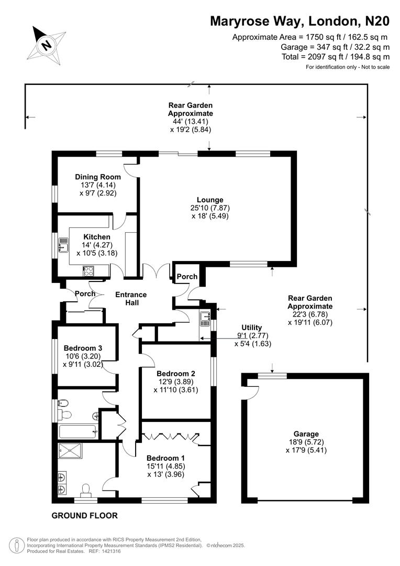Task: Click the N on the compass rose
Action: [x=47, y=45]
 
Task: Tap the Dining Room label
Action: [x=98, y=177]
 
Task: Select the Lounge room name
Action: [x=210, y=200]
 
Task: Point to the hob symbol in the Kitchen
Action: [x=88, y=271]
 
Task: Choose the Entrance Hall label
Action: [x=131, y=299]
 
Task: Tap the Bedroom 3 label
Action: [x=83, y=347]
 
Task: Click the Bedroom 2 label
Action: [x=176, y=374]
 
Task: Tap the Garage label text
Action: [x=306, y=434]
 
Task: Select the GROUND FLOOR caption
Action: [x=84, y=516]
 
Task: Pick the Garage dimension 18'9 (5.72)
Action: [x=306, y=442]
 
